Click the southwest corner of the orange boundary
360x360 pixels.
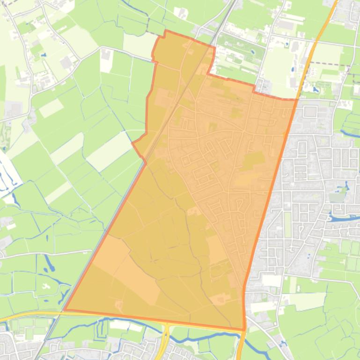(x=64, y=310)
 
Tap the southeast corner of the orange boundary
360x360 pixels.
(x=244, y=330)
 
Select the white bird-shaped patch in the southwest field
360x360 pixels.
(x=45, y=285)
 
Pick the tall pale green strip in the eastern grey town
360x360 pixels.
(x=287, y=224)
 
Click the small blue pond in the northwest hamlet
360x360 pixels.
(x=44, y=55)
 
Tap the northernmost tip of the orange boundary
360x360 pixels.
(x=165, y=31)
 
